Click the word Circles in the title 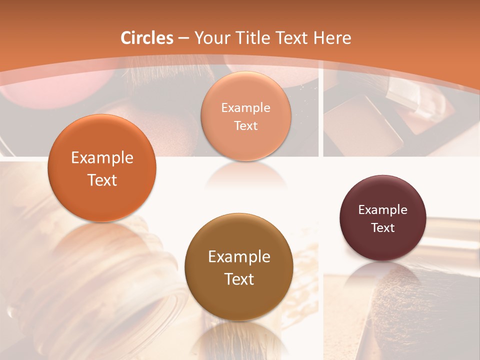(x=146, y=38)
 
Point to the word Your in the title (x=210, y=38)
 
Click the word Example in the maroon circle (x=382, y=210)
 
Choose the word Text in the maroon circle (x=383, y=228)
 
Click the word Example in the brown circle (x=239, y=257)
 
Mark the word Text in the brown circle (x=239, y=279)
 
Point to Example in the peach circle (x=245, y=108)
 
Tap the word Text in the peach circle (x=245, y=126)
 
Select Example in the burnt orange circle (x=102, y=158)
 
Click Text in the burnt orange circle (x=102, y=180)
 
